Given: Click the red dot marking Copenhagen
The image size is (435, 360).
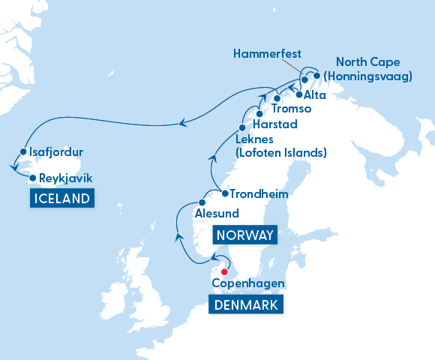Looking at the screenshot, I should click(x=224, y=272).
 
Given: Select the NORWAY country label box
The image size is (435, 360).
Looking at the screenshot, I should click(x=244, y=235).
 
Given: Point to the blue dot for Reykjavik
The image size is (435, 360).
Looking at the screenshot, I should click(x=32, y=178).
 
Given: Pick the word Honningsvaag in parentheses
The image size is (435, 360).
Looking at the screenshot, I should click(x=374, y=76).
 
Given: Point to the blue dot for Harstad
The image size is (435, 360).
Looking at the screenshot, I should click(x=259, y=114).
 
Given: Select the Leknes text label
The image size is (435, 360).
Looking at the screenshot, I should click(x=256, y=139).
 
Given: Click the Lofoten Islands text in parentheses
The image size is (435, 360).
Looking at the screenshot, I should click(x=281, y=153).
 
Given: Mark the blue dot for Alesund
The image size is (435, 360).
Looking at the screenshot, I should click(x=202, y=202).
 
